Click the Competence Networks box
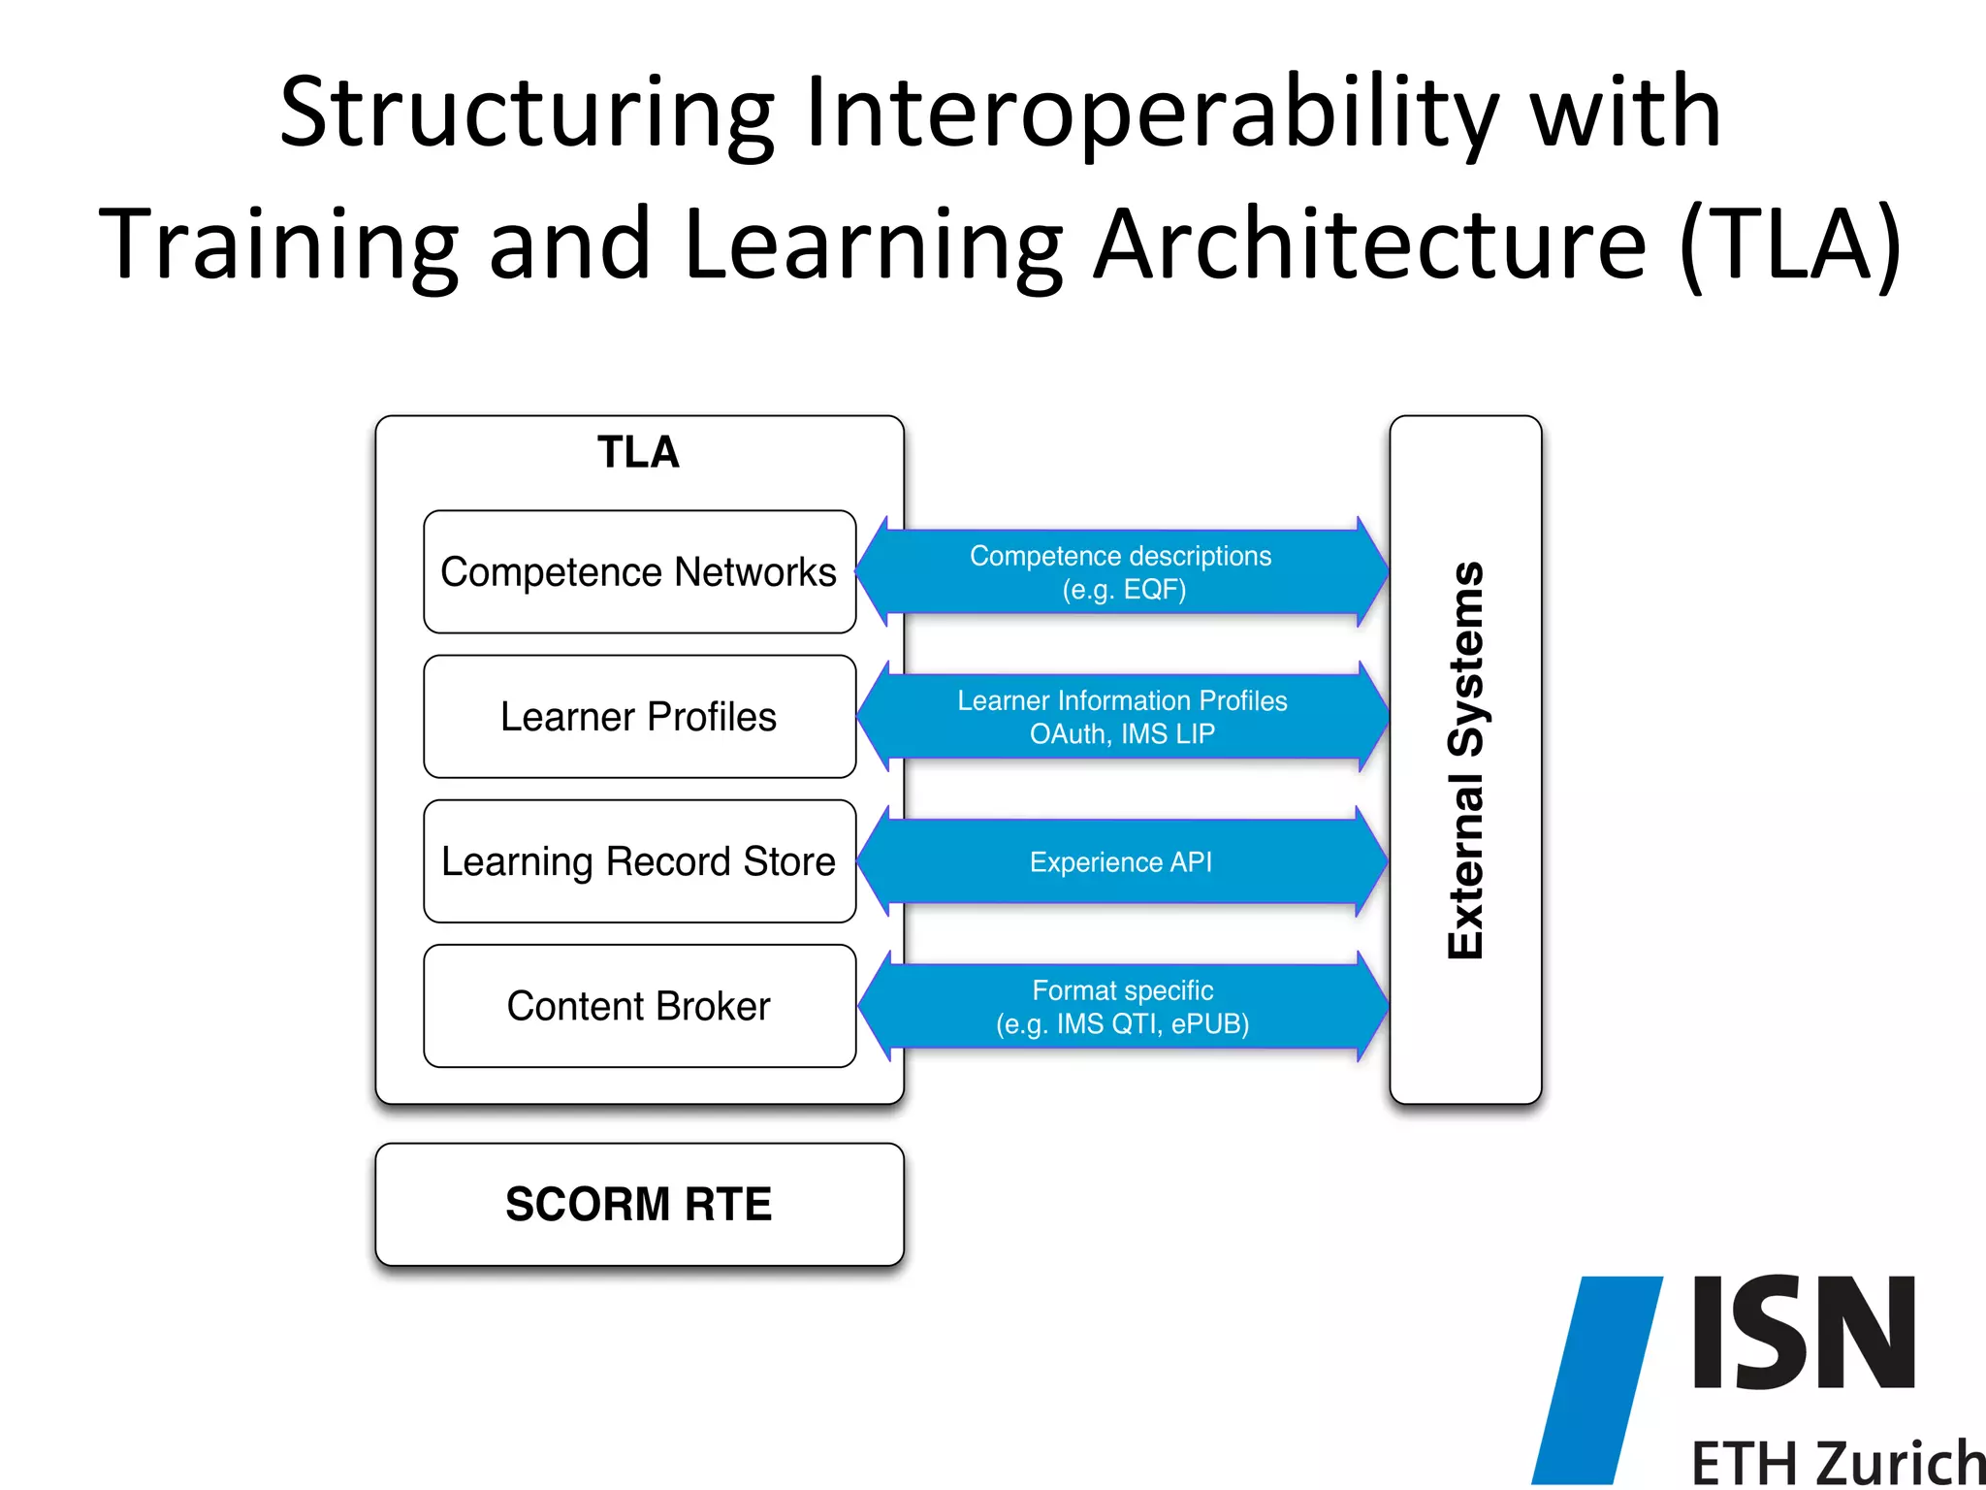pos(639,571)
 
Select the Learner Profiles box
pos(639,716)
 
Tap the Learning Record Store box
pos(639,860)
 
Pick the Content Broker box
pos(639,1006)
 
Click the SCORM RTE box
pos(639,1204)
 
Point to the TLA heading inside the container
pos(638,452)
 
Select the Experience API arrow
pos(1121,861)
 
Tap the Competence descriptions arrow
pos(1121,571)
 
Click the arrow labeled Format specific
pos(1122,1006)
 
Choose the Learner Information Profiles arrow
pos(1122,716)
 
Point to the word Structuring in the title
pos(528,114)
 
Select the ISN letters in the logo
pos(1804,1333)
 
